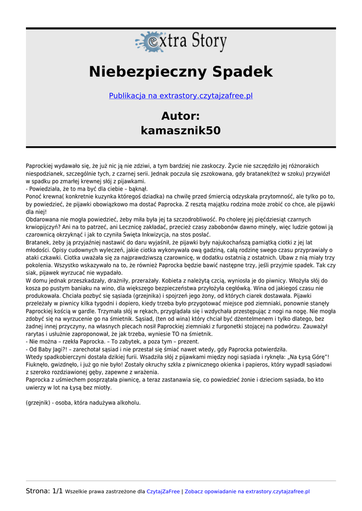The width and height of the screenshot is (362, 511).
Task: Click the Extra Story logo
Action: click(x=181, y=42)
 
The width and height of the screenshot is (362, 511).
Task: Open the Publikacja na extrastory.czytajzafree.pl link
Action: click(x=181, y=96)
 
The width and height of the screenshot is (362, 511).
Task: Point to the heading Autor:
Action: click(x=181, y=116)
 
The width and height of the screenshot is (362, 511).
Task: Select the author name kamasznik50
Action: click(x=181, y=131)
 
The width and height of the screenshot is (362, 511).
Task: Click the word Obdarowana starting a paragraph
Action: click(x=42, y=219)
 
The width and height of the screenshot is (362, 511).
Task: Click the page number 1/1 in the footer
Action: click(x=57, y=492)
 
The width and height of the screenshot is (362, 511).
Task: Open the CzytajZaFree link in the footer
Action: click(x=163, y=492)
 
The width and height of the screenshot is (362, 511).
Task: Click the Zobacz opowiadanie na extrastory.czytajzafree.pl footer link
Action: click(x=247, y=492)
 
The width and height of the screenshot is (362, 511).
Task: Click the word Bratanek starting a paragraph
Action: click(x=38, y=242)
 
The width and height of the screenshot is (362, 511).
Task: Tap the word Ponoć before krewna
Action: click(x=34, y=197)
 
